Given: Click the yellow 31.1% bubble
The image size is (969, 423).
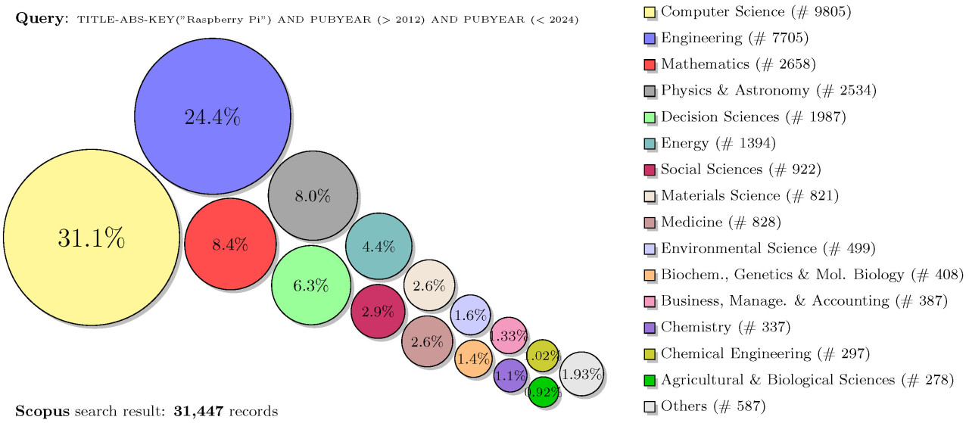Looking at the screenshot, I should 91,238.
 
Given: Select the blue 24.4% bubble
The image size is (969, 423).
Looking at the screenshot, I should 213,117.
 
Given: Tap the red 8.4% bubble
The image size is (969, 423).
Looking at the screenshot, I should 230,244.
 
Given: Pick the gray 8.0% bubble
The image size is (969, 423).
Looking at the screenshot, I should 313,195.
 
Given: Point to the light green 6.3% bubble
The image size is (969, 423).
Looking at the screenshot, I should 310,285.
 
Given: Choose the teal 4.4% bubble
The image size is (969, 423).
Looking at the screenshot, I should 379,246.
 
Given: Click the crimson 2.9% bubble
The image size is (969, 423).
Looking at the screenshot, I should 378,311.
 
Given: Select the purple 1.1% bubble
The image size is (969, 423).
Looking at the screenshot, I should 509,375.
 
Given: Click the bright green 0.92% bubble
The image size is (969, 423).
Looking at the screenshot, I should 543,391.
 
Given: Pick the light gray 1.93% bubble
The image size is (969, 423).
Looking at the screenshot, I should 581,374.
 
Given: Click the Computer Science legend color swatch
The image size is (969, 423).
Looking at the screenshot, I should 649,12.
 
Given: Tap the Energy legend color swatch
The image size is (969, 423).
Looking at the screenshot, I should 649,143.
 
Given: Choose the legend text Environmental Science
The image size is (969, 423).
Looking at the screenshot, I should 739,248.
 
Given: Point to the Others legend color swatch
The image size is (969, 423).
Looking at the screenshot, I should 649,406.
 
